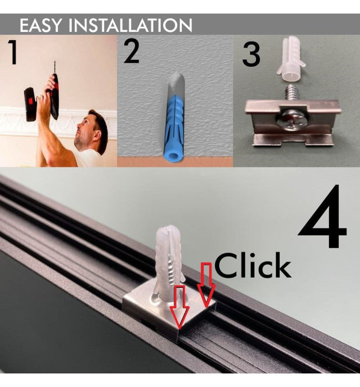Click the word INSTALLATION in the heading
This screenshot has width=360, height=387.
tap(130, 25)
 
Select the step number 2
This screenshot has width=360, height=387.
tap(131, 52)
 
